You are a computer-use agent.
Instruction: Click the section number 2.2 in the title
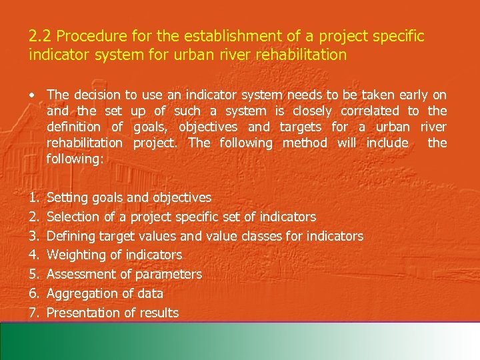pyautogui.click(x=38, y=35)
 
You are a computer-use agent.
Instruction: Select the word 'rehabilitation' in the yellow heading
pyautogui.click(x=304, y=55)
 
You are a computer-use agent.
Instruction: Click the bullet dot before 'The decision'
pyautogui.click(x=32, y=95)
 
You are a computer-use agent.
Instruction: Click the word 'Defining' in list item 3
pyautogui.click(x=71, y=236)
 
